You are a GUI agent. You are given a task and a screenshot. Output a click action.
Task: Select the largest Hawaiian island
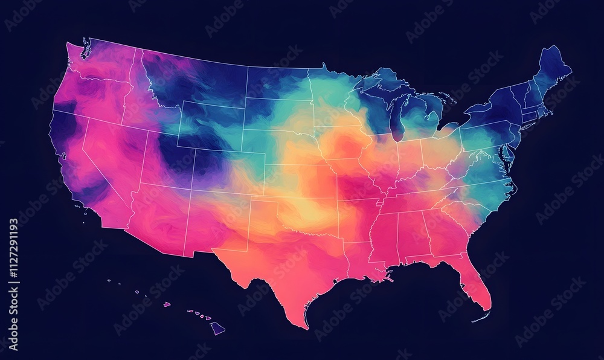click(217, 328)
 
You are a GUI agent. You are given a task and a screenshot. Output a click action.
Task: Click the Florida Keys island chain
click(480, 318)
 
